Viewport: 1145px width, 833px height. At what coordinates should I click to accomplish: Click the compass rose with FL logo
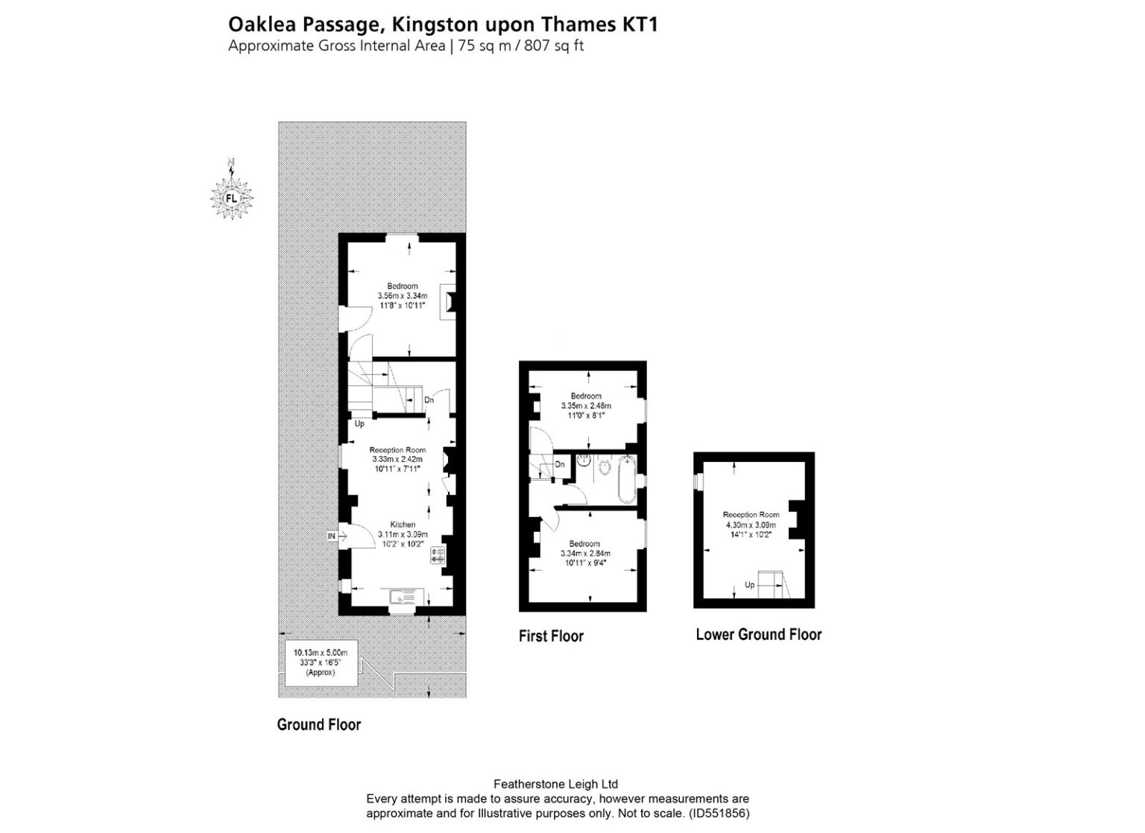[x=231, y=197]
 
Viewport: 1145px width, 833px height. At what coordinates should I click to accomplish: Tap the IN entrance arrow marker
[x=332, y=536]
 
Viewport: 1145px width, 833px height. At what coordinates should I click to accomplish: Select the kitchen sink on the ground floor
[x=406, y=597]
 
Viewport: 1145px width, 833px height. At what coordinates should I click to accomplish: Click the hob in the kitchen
[x=437, y=555]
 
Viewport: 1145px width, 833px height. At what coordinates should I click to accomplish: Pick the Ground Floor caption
[x=318, y=725]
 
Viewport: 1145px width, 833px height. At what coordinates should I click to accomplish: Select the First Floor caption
[x=551, y=636]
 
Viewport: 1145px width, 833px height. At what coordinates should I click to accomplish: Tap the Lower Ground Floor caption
[x=758, y=635]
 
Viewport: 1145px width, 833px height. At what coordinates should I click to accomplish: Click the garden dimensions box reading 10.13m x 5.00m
[x=321, y=662]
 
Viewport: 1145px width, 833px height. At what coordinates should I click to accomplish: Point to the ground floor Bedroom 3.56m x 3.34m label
[x=402, y=296]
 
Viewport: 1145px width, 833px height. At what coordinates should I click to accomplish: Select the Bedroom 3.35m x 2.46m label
[x=586, y=406]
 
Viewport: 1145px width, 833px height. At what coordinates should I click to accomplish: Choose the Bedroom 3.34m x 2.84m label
[x=585, y=554]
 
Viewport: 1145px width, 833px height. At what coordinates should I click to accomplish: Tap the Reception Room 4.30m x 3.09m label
[x=751, y=525]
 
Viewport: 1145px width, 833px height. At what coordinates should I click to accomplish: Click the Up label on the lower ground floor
[x=749, y=585]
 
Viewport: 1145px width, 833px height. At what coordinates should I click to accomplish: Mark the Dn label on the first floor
[x=560, y=465]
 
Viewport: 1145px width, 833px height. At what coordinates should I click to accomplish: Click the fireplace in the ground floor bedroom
[x=447, y=302]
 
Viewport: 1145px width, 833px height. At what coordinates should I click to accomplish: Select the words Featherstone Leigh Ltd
[x=556, y=784]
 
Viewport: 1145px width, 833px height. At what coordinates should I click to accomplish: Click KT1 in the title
[x=640, y=25]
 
